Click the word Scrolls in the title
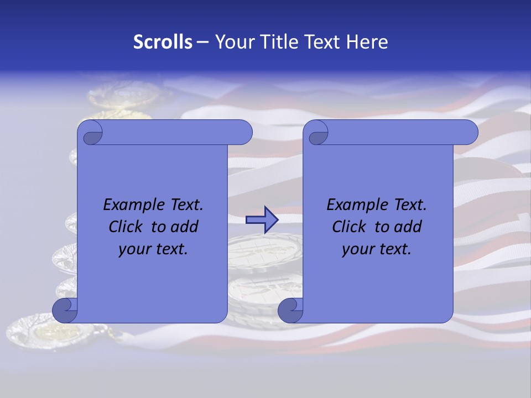tap(163, 42)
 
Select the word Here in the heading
tap(367, 42)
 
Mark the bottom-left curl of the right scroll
tap(291, 311)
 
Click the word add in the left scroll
tap(185, 227)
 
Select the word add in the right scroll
tap(408, 227)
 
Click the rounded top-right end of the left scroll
tap(243, 133)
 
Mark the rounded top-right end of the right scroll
tap(469, 133)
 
